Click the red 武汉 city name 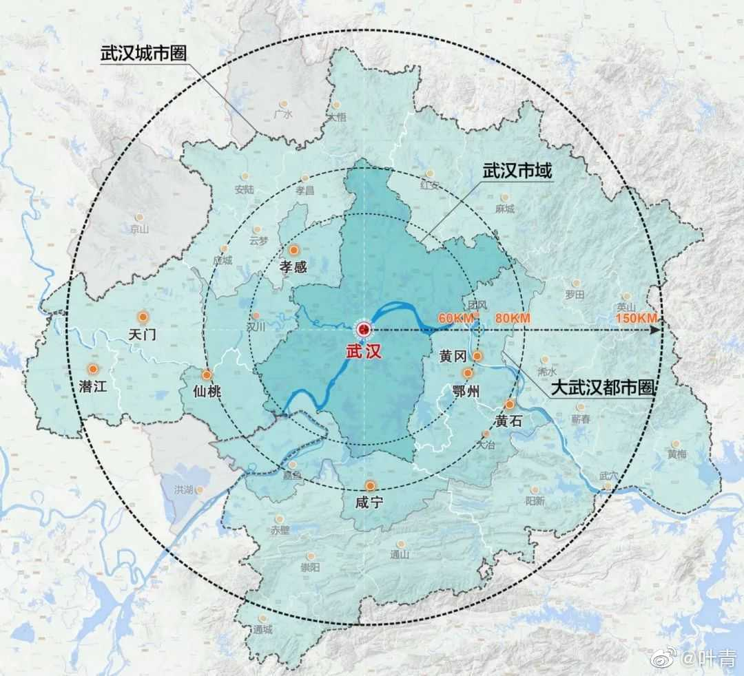pos(363,350)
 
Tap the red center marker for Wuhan pos(363,330)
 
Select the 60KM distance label pos(456,318)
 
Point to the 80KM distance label pos(513,318)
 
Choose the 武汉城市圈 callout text pos(145,54)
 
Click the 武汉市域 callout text pos(517,171)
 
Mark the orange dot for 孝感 pos(294,251)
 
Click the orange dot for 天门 pos(143,317)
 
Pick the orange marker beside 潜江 pos(92,368)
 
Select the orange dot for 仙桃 pos(207,376)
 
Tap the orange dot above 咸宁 pos(371,485)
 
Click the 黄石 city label pos(508,421)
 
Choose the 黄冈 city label pos(453,356)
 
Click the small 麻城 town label pos(505,209)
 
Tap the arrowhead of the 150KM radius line pos(657,330)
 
